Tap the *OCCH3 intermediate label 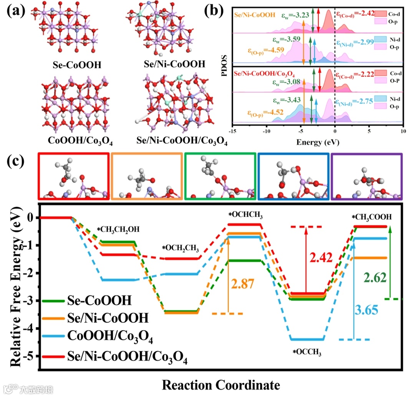pos(306,352)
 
